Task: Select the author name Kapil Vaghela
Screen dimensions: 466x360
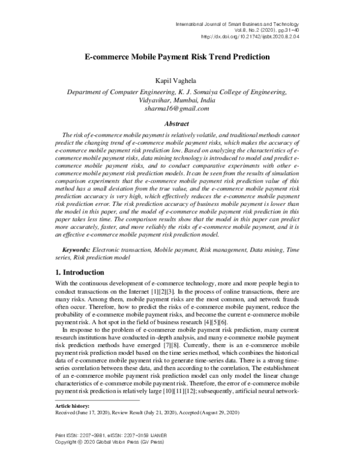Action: (180, 79)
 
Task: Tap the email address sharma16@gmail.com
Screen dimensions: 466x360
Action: (180, 109)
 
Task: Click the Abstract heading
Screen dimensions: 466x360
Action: (180, 123)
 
